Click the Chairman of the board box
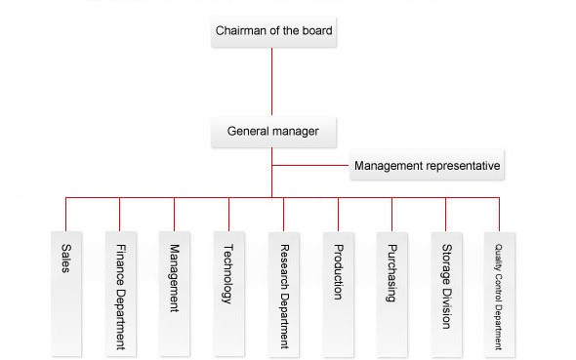tap(273, 31)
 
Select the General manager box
tap(273, 132)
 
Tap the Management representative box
tap(427, 165)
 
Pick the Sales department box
tap(66, 294)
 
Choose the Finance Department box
tap(121, 294)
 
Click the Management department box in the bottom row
tap(175, 294)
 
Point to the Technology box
tap(228, 294)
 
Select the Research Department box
tap(283, 294)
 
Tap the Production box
tap(339, 294)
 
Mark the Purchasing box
tap(391, 294)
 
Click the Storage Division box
tap(447, 294)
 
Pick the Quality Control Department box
tap(500, 294)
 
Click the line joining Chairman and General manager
tap(271, 82)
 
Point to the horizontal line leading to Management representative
tap(310, 165)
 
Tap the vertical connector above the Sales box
tap(65, 215)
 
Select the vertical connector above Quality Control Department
tap(499, 215)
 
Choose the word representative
tap(464, 166)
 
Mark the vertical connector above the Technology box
tap(228, 215)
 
